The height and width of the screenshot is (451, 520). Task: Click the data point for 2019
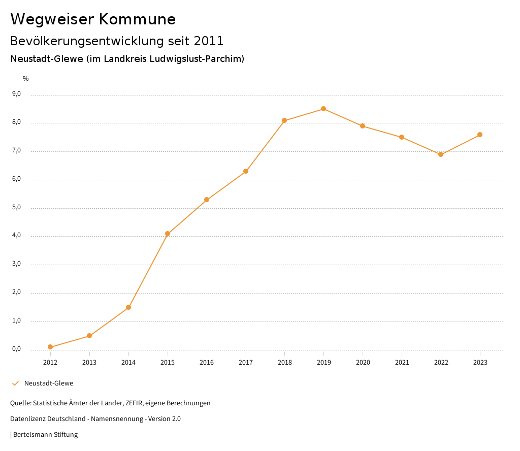pyautogui.click(x=323, y=109)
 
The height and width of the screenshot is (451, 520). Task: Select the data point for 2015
pyautogui.click(x=168, y=234)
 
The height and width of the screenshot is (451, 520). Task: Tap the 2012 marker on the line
pyautogui.click(x=50, y=347)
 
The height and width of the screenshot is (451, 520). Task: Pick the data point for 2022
pyautogui.click(x=441, y=154)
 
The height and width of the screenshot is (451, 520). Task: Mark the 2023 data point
pyautogui.click(x=480, y=135)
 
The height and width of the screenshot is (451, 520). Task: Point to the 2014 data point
pyautogui.click(x=128, y=307)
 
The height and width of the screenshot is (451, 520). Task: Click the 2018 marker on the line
pyautogui.click(x=284, y=120)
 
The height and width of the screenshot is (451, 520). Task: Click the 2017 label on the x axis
pyautogui.click(x=246, y=363)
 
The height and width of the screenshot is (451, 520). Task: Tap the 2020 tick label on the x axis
pyautogui.click(x=363, y=363)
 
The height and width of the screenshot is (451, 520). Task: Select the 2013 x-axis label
pyautogui.click(x=89, y=363)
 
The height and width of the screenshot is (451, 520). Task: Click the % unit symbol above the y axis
pyautogui.click(x=26, y=79)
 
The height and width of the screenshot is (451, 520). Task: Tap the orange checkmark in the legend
pyautogui.click(x=15, y=383)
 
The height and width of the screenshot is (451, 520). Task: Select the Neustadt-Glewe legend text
pyautogui.click(x=49, y=383)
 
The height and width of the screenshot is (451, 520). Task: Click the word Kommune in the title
pyautogui.click(x=137, y=19)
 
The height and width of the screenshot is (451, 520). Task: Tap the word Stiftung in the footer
pyautogui.click(x=66, y=435)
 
